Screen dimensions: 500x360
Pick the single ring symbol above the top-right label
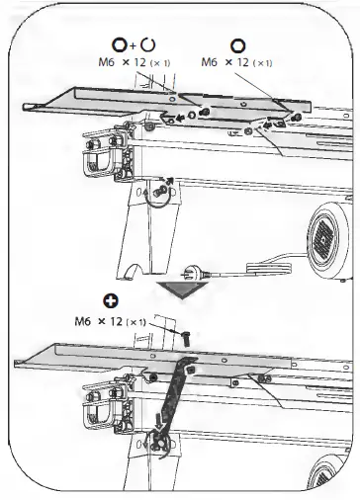[x=238, y=44]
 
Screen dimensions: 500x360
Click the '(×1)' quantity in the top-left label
[x=158, y=63]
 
